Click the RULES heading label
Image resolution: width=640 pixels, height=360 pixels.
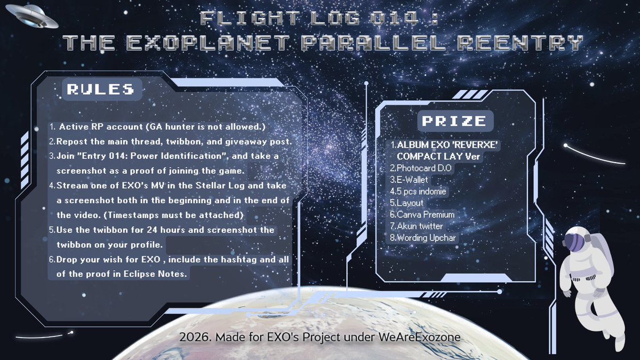pyautogui.click(x=100, y=89)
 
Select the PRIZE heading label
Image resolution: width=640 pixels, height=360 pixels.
pyautogui.click(x=454, y=121)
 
